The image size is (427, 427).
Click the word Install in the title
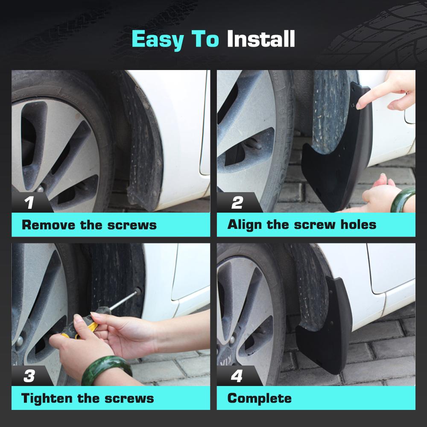point(260,39)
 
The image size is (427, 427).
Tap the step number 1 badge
point(29,203)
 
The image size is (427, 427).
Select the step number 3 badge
point(29,376)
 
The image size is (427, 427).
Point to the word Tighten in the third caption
point(47,398)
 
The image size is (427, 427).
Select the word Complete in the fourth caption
point(260,398)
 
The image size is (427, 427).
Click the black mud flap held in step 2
point(337,162)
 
